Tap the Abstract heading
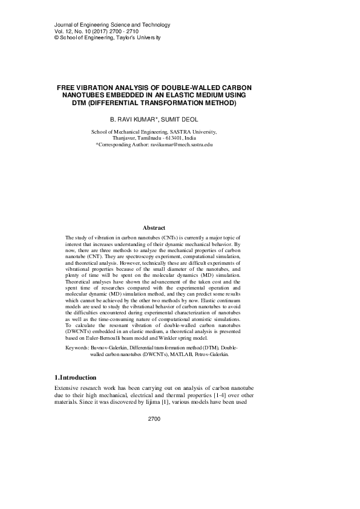[x=154, y=227]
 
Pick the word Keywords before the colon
[x=76, y=349]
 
